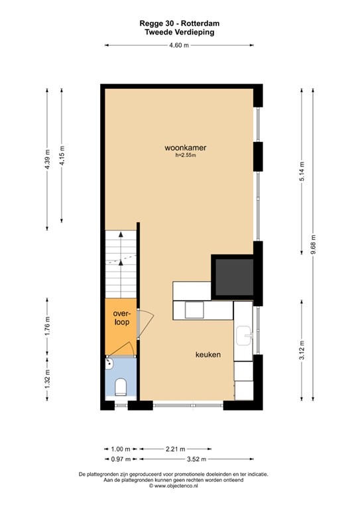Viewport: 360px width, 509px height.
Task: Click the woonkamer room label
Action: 186,148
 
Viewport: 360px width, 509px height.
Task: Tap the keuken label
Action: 208,355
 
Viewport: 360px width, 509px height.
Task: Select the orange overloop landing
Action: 121,327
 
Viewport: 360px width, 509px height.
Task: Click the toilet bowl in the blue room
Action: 121,387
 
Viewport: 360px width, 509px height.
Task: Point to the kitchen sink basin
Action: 244,335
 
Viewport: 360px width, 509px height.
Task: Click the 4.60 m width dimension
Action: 179,46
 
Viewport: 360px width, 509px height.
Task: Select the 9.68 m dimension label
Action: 313,245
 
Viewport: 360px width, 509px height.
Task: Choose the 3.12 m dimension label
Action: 302,350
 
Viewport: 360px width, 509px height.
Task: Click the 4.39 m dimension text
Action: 47,159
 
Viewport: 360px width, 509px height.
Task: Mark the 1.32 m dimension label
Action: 47,379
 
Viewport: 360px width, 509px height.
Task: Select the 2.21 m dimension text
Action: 175,449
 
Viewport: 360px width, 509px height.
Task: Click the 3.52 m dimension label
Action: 196,459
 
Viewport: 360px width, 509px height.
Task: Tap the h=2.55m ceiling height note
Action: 186,155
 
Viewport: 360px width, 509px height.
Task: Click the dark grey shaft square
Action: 235,277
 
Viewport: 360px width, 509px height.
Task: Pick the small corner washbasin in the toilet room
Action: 109,363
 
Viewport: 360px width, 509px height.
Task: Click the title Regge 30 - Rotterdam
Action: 180,23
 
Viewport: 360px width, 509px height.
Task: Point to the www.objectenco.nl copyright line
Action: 173,486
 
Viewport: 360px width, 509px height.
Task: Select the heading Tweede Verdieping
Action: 180,32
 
